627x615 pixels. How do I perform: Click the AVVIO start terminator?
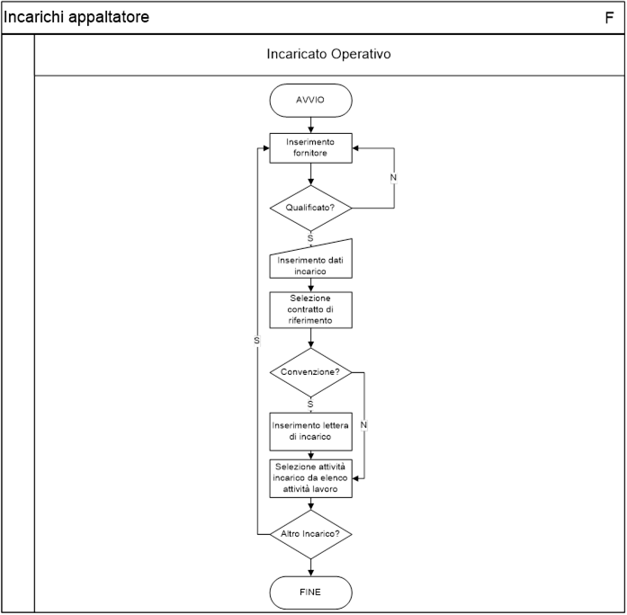310,101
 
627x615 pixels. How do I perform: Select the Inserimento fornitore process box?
310,147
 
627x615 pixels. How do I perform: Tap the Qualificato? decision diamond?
310,209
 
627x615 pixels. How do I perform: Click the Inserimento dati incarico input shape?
310,261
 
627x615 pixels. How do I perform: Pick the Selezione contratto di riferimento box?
310,309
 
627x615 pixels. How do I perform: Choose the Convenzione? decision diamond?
310,372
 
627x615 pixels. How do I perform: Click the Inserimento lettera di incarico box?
310,432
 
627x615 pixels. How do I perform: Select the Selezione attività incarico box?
310,478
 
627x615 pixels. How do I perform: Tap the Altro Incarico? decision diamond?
310,534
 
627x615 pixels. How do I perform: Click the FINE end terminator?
310,593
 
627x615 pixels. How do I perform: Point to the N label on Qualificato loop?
393,177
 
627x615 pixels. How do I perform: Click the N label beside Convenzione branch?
363,424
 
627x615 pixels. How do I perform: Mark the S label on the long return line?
256,341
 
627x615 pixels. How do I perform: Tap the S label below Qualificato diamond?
310,238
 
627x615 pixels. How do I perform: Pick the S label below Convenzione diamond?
310,405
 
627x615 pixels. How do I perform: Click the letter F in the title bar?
609,18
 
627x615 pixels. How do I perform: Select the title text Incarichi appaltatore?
76,17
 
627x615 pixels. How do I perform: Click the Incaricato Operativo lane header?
328,54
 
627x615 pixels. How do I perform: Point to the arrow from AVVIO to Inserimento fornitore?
310,125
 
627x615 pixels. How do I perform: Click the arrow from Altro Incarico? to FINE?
310,567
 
